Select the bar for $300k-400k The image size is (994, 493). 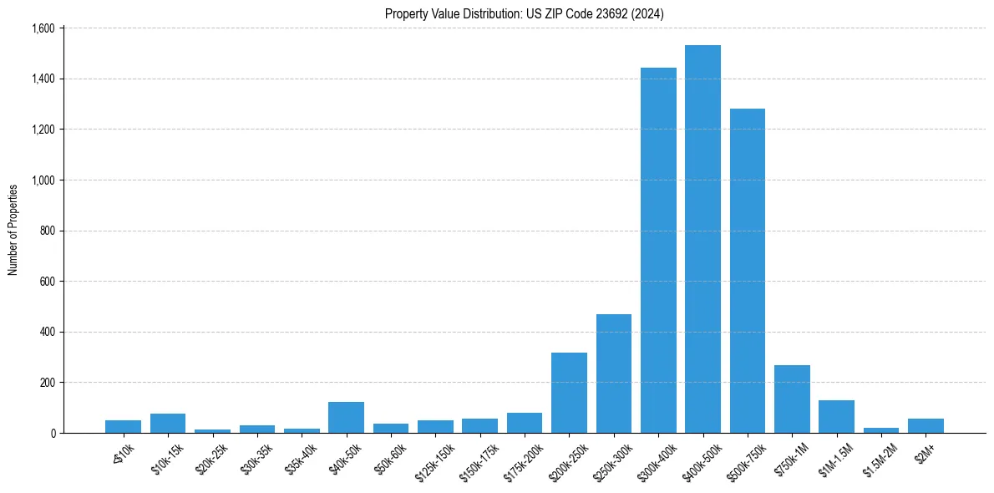click(x=658, y=251)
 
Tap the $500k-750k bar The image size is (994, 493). click(x=747, y=271)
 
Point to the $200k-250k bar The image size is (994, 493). click(x=569, y=393)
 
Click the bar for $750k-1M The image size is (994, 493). click(x=792, y=399)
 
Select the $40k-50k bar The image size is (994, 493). click(x=346, y=418)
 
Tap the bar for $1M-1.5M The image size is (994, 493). click(x=836, y=417)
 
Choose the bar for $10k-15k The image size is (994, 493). click(x=168, y=424)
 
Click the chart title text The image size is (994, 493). click(x=525, y=13)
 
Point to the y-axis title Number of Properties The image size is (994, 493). click(x=13, y=230)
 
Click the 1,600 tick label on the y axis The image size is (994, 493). click(x=43, y=28)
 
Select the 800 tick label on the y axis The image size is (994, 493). click(x=47, y=231)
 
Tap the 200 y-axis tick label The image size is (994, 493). click(x=47, y=383)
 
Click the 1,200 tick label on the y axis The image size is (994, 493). click(x=43, y=130)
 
